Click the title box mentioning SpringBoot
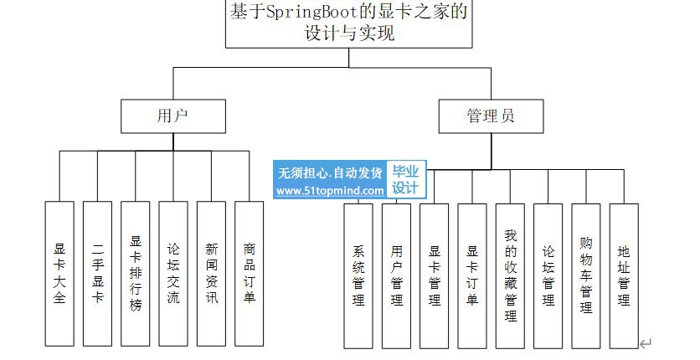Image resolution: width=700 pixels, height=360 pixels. [x=350, y=23]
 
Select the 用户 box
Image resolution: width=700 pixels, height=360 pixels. [x=173, y=116]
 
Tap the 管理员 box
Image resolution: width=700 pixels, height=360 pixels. [x=491, y=116]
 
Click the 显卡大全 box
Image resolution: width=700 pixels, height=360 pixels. [x=60, y=274]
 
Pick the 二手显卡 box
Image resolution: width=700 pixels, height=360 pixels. [x=98, y=274]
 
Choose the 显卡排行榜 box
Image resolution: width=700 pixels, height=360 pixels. [x=136, y=274]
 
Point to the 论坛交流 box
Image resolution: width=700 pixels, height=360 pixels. [x=173, y=274]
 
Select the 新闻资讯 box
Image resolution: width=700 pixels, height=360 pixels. [x=212, y=274]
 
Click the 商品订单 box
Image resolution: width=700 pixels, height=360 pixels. [x=250, y=274]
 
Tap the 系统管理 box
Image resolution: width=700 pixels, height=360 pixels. [x=358, y=275]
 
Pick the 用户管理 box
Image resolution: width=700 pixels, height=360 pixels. [x=396, y=275]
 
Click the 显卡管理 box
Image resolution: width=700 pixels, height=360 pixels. [x=435, y=275]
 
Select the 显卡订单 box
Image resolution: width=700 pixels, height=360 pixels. [x=472, y=275]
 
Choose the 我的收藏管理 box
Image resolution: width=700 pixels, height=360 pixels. [x=511, y=275]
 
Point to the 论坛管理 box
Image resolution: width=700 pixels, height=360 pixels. [x=548, y=275]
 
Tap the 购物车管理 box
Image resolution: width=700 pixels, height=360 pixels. [x=586, y=275]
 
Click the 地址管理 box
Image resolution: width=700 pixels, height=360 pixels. [x=624, y=275]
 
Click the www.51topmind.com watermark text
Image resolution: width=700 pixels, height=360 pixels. [x=330, y=191]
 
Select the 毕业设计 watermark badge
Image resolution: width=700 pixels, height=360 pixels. [x=405, y=180]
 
